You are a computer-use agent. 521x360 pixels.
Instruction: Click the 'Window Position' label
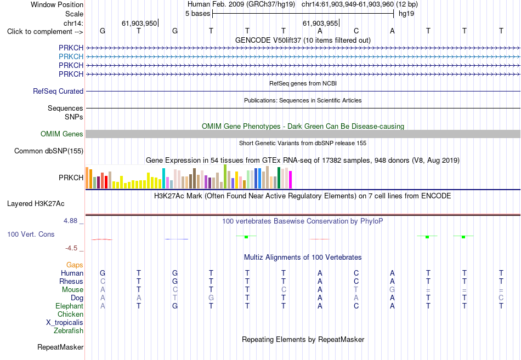57,4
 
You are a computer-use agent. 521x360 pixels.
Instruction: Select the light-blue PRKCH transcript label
71,56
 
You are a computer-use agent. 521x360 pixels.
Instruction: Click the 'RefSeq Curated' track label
58,91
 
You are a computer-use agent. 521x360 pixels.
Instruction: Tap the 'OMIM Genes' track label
62,134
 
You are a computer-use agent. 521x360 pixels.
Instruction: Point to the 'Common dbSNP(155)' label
49,151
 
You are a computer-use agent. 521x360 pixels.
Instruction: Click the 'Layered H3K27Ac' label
36,204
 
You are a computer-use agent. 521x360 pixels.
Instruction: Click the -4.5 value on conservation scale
71,248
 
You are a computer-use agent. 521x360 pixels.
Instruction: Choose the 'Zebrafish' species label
69,331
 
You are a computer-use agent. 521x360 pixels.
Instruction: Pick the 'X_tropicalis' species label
65,323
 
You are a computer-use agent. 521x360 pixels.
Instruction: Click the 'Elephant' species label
70,306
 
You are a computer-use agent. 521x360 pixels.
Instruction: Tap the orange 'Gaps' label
75,265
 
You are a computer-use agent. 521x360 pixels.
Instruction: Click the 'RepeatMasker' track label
60,347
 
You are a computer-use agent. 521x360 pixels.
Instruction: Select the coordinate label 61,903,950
139,23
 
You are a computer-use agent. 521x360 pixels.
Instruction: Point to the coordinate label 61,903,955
320,23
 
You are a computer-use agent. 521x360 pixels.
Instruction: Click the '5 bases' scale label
197,14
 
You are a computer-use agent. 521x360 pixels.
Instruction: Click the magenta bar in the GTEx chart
291,180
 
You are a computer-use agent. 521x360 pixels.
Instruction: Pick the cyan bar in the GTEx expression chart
163,178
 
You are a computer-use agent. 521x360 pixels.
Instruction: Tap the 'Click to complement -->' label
45,32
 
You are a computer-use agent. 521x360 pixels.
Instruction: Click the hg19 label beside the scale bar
406,14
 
